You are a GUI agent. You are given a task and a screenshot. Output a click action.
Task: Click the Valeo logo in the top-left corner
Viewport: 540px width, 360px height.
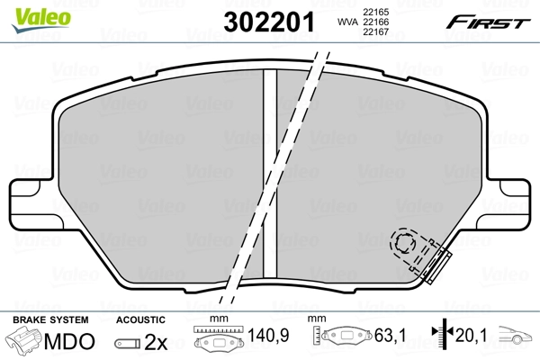[29, 10]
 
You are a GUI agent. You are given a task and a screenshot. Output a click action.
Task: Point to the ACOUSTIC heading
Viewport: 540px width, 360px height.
[141, 319]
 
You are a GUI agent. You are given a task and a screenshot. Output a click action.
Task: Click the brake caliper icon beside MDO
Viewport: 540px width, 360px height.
[24, 343]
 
